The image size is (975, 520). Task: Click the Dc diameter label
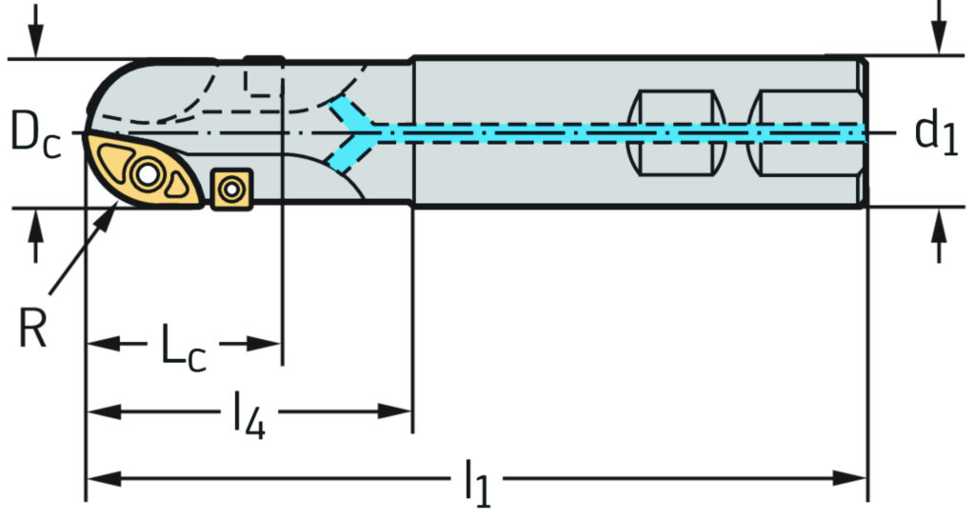pos(36,133)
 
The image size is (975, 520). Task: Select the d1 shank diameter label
pos(936,133)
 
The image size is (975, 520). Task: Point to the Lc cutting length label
pos(183,344)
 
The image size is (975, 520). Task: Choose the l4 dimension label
pos(249,412)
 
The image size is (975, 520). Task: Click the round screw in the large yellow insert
pos(148,174)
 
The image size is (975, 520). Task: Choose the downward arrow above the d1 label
pos(938,32)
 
